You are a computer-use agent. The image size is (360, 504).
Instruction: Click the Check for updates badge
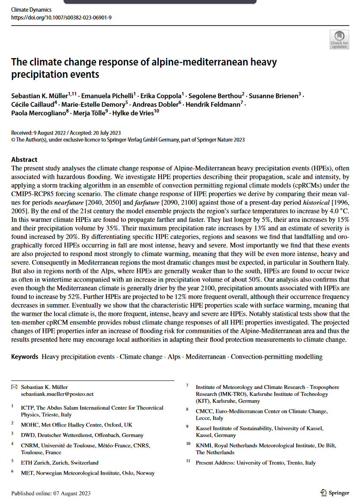339,39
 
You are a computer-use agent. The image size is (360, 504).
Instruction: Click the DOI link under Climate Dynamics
61,17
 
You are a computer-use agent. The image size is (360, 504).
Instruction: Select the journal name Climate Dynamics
31,10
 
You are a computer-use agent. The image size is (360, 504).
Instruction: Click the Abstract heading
24,159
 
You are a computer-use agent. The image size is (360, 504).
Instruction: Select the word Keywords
25,357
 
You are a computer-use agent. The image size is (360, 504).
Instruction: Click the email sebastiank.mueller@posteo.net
57,394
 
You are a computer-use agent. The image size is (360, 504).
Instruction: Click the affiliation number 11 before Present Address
188,461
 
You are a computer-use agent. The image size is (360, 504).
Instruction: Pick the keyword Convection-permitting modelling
276,357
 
